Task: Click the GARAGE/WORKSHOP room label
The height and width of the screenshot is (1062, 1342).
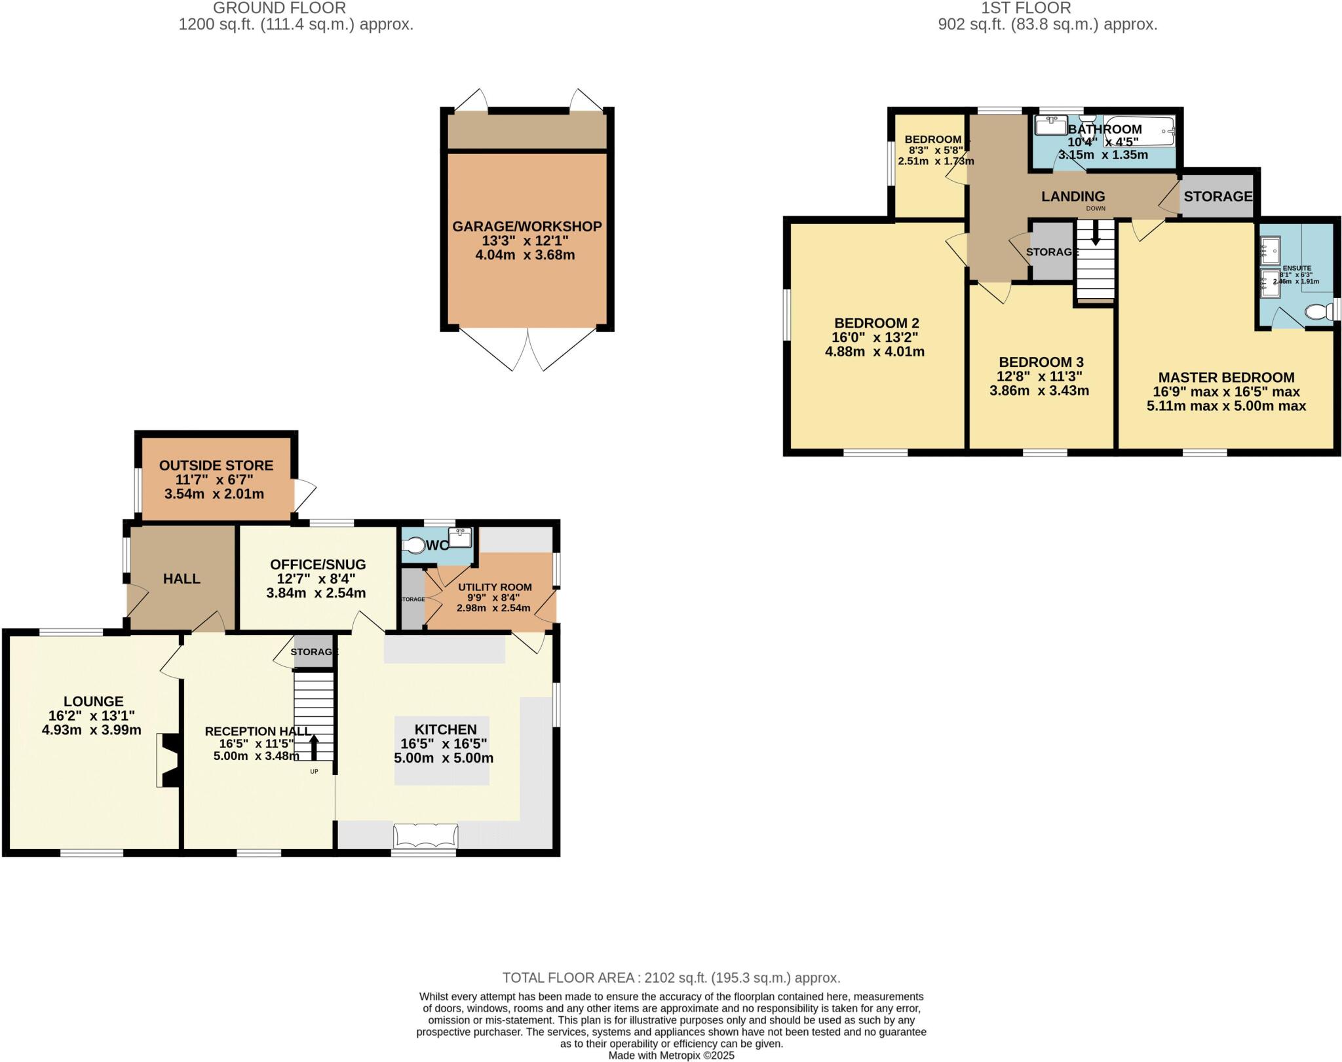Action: pos(527,227)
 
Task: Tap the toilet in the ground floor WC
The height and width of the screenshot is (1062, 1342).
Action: pos(414,546)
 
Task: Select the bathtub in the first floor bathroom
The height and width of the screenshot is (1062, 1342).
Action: pos(1139,130)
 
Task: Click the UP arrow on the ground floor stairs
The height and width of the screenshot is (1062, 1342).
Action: pos(314,747)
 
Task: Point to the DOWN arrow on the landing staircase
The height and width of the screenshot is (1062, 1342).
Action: pos(1095,234)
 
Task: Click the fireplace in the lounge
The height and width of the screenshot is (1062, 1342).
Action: pos(168,760)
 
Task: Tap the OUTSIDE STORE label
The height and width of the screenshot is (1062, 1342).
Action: pos(216,466)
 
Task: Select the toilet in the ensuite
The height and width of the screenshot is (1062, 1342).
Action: pos(1316,313)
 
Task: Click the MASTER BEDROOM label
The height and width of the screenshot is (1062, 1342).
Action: pos(1226,377)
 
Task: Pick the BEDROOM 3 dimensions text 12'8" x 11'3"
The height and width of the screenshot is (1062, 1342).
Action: pos(1039,376)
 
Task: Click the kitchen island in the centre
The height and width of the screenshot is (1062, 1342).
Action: pos(442,750)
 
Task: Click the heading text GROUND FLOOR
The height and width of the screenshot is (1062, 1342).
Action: pos(280,8)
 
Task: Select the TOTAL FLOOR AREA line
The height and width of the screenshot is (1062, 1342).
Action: pos(671,978)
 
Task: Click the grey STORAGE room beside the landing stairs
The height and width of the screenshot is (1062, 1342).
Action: pos(1052,252)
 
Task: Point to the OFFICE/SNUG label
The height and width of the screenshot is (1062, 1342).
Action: pos(318,565)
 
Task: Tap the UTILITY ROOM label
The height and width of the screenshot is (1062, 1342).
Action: pos(495,587)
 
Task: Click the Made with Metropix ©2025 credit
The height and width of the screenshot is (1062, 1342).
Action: pos(671,1055)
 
